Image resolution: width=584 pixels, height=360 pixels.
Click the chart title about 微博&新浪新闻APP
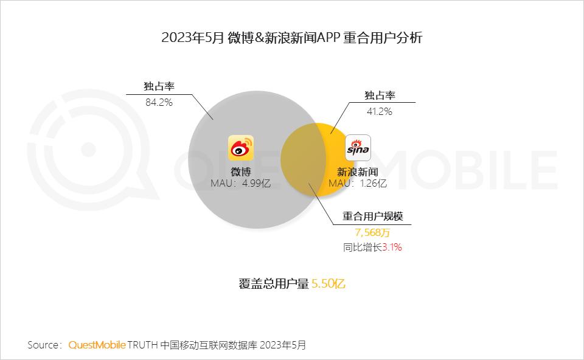292,38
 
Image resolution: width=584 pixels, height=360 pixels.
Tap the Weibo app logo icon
241,148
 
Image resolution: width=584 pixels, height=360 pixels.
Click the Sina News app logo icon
358,148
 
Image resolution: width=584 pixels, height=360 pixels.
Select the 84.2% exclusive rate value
159,102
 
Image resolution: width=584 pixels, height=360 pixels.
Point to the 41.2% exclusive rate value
378,111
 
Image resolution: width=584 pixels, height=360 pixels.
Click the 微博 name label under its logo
240,171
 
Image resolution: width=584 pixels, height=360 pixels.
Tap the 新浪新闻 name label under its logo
358,172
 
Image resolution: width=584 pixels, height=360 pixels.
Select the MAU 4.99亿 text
240,183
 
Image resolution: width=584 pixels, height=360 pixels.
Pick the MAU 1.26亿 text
358,183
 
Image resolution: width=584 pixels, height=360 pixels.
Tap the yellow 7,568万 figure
373,232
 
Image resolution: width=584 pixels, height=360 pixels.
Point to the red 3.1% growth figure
392,247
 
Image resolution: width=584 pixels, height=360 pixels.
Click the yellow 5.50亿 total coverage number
328,284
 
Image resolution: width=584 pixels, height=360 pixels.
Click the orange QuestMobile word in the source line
97,345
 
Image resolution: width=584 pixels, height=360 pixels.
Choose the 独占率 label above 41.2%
380,95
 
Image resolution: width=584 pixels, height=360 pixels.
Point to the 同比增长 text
363,247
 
